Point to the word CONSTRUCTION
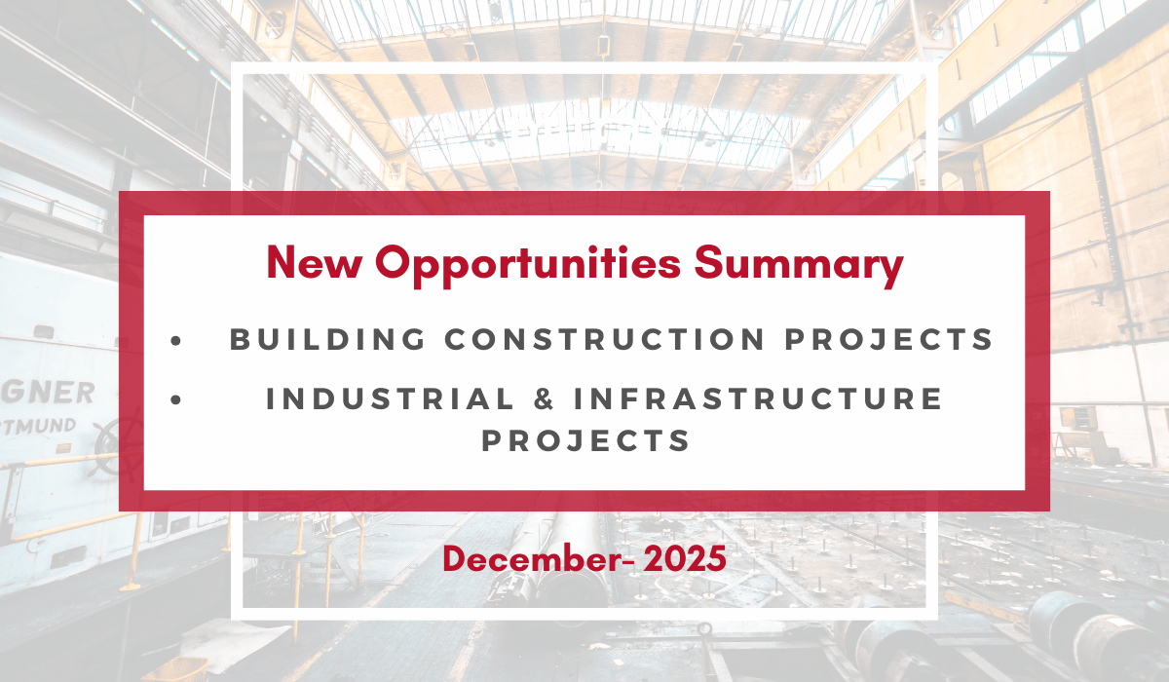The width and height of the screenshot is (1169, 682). tap(592, 339)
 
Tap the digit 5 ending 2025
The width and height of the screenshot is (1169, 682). tap(716, 559)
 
